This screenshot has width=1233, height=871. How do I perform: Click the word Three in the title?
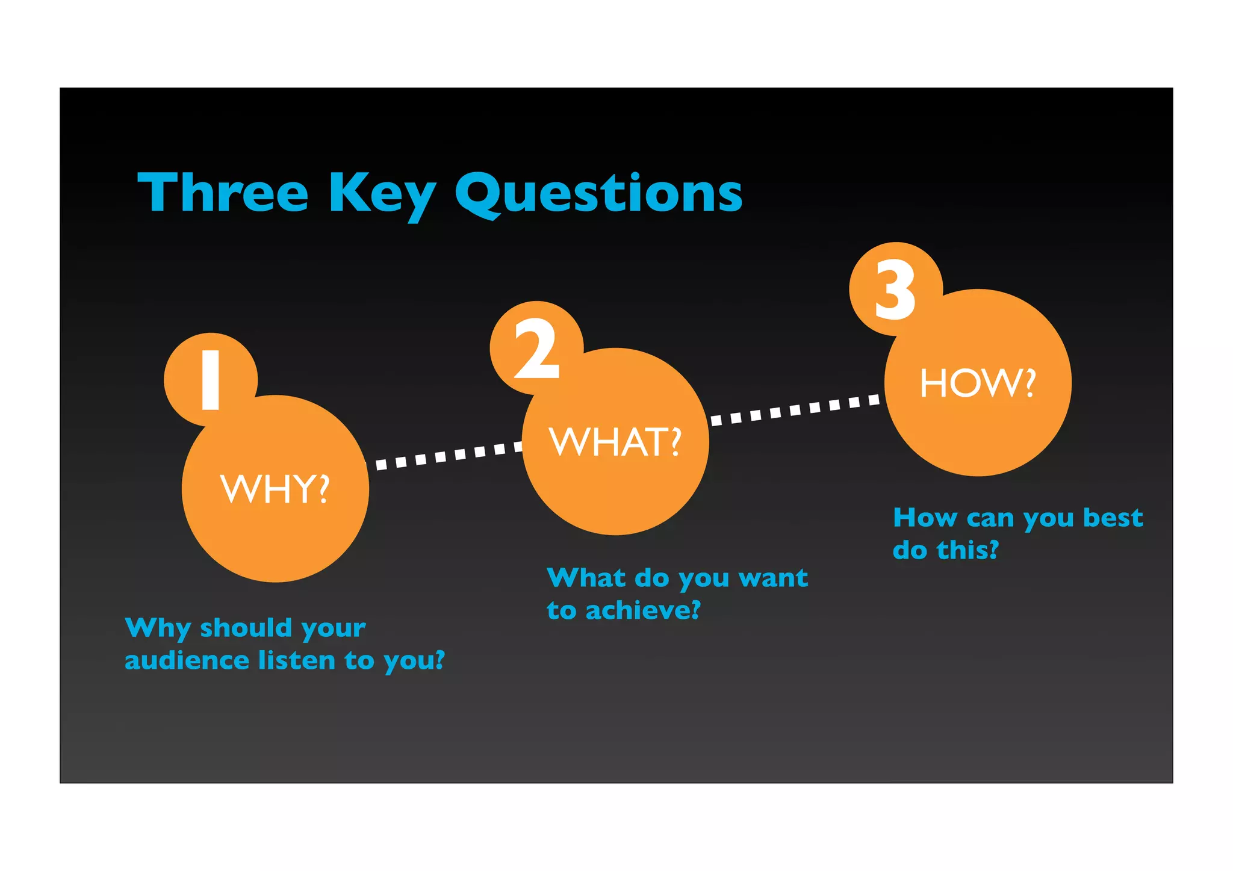click(x=223, y=193)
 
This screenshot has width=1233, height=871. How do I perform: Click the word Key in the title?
click(x=382, y=194)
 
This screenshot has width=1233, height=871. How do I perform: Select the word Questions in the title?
click(x=598, y=194)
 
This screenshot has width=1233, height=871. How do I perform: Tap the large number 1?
click(x=210, y=380)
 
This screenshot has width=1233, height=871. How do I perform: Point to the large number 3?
click(x=895, y=290)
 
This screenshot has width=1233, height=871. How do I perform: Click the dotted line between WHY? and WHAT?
click(x=446, y=455)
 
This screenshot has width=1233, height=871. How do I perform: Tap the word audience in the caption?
click(x=187, y=660)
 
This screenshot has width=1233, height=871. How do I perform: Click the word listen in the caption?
click(x=297, y=660)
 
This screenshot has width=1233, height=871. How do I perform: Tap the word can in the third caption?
click(x=990, y=518)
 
